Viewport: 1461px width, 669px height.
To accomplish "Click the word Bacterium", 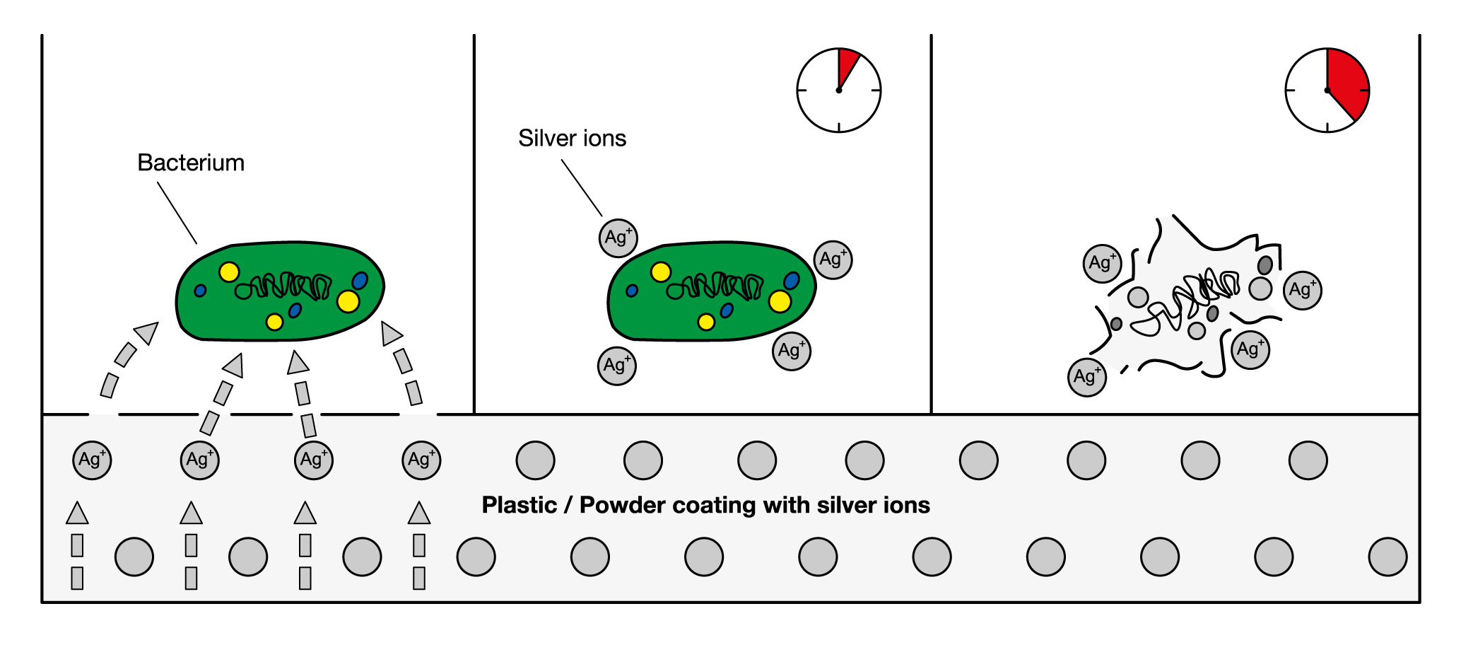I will click(x=191, y=163).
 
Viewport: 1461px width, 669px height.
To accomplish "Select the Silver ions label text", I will click(x=572, y=138).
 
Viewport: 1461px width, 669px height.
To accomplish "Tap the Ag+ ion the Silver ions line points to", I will click(x=618, y=238).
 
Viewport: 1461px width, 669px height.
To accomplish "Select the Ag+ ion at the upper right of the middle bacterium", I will click(x=833, y=260).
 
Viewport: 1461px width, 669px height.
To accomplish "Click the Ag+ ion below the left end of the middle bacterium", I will click(x=616, y=366).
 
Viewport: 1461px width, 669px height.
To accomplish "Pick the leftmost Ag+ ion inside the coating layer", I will click(x=92, y=460).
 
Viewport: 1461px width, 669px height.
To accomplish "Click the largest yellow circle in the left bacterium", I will click(x=348, y=301).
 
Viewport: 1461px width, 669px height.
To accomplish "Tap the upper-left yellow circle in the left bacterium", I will click(x=228, y=272).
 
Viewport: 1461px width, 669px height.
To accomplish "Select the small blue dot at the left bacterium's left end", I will click(x=200, y=291).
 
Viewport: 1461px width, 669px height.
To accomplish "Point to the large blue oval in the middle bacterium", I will click(x=792, y=281).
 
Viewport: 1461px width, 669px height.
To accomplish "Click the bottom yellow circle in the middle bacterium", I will click(x=705, y=322).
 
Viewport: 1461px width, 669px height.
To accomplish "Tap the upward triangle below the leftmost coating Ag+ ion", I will click(x=77, y=513).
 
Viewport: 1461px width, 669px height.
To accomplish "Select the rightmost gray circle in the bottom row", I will click(x=1387, y=557).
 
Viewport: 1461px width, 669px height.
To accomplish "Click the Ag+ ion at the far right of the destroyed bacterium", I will click(x=1302, y=290).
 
